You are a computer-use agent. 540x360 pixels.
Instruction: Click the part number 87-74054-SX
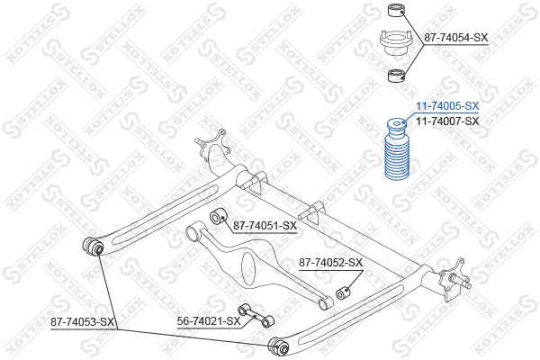point(456,38)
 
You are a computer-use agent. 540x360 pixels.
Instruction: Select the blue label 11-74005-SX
point(446,105)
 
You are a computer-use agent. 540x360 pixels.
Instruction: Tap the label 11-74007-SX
point(446,120)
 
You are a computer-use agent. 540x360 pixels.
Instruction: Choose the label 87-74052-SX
point(330,263)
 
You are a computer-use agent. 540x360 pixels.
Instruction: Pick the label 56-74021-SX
point(209,320)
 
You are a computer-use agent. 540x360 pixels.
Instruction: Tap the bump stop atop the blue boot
point(396,126)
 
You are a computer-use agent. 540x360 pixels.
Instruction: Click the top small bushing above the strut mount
point(393,11)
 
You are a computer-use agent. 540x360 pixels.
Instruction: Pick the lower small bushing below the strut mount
point(394,76)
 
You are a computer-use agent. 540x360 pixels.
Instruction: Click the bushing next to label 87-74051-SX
point(216,218)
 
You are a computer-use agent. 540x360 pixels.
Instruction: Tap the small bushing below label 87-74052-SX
point(343,293)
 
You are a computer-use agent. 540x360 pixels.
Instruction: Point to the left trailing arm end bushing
point(93,245)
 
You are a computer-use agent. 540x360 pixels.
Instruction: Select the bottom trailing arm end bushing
point(278,343)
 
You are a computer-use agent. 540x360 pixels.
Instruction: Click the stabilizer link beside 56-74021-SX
point(256,314)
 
